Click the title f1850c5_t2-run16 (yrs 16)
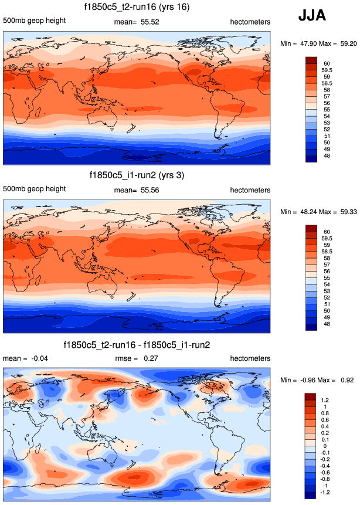point(137,7)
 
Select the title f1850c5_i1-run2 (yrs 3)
point(137,175)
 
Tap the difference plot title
point(137,345)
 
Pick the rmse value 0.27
point(154,359)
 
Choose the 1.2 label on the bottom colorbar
point(326,399)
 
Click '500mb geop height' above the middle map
point(34,189)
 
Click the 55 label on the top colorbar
point(325,110)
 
